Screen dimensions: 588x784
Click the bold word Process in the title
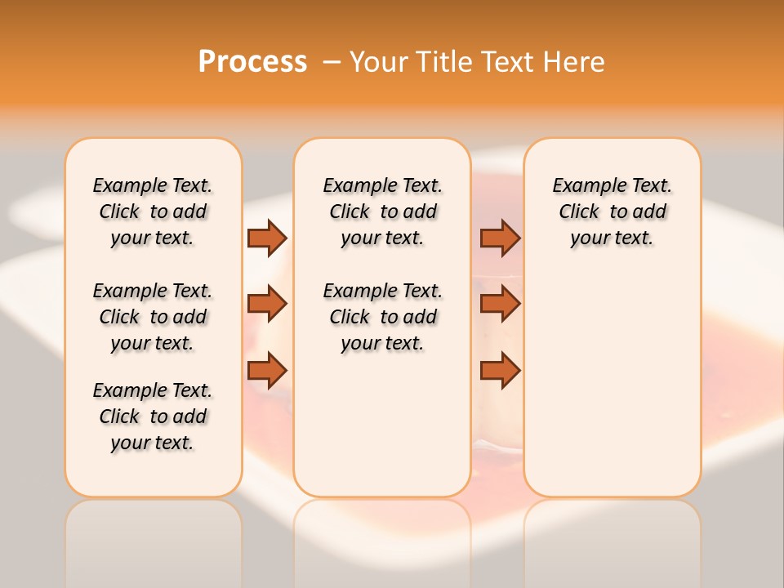(252, 62)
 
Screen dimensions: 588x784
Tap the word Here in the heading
(575, 62)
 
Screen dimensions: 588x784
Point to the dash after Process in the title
(332, 63)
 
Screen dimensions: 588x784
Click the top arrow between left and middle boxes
(267, 238)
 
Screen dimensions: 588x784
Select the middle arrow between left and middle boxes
(267, 304)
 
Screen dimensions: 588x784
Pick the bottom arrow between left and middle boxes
(267, 370)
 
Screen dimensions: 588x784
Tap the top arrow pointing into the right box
(500, 238)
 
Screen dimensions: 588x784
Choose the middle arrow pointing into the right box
(500, 304)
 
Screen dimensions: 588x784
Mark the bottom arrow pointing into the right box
(500, 370)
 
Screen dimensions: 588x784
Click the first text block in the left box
(153, 212)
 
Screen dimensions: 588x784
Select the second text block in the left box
(153, 317)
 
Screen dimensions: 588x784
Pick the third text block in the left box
(153, 416)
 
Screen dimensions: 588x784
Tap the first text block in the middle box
(382, 212)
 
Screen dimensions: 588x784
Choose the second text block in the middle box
(382, 317)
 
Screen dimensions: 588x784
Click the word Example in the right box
(586, 186)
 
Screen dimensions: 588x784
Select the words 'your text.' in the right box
(612, 238)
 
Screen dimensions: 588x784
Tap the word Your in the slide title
(380, 62)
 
